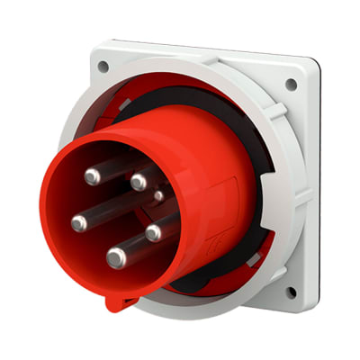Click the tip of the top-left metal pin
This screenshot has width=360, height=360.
[x=92, y=176]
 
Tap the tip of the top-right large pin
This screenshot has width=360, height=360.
[x=138, y=182]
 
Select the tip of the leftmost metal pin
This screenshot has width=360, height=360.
[x=78, y=221]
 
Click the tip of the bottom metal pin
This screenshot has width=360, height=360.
[x=115, y=258]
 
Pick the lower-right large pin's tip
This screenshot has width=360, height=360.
[x=154, y=232]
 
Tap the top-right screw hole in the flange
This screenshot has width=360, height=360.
[x=290, y=85]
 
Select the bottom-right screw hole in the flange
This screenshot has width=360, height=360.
[x=290, y=292]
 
